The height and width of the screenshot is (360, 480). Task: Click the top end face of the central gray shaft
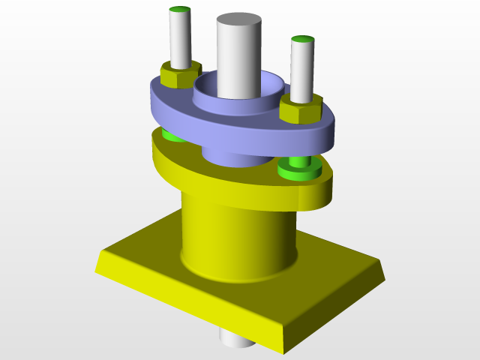[x=239, y=19]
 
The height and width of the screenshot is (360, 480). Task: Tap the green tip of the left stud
[x=179, y=10]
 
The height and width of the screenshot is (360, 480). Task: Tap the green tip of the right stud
[x=302, y=39]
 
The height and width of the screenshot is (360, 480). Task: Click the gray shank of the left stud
[x=180, y=41]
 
